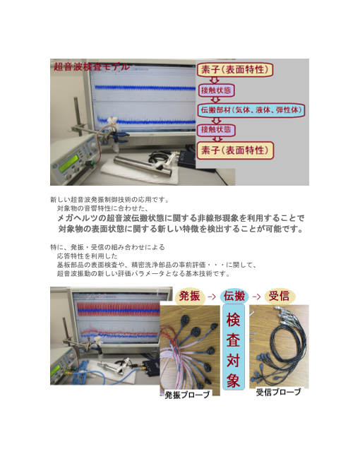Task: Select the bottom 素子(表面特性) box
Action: (x=236, y=150)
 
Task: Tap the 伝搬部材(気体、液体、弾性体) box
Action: (x=251, y=110)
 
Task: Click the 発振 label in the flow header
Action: (x=191, y=295)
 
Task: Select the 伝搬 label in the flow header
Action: (x=234, y=295)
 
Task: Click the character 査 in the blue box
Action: (x=234, y=340)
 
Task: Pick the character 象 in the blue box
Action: (x=234, y=380)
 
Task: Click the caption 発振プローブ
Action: (x=187, y=395)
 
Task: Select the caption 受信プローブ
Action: (x=278, y=392)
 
